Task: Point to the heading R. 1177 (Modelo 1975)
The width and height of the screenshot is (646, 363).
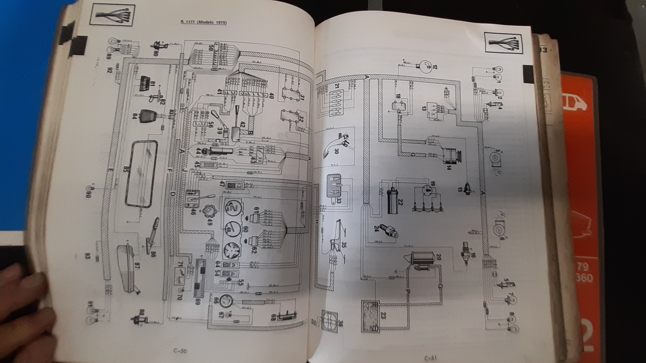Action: pos(203,22)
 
